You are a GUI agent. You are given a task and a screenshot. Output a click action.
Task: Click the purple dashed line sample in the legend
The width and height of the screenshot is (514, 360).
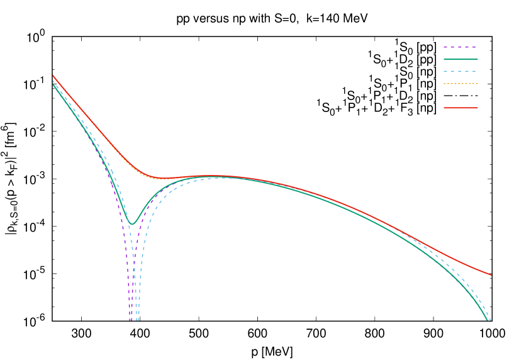[461, 47]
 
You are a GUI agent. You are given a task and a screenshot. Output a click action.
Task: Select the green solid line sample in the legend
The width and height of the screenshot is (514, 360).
[461, 59]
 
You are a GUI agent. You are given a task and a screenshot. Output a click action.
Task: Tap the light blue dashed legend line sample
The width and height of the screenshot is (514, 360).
[461, 71]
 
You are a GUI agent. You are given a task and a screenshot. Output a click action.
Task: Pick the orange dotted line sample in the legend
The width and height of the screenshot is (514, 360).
[461, 84]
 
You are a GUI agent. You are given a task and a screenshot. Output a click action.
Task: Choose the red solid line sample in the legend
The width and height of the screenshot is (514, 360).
[461, 108]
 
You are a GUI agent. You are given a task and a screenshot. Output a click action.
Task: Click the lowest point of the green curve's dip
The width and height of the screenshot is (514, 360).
[132, 223]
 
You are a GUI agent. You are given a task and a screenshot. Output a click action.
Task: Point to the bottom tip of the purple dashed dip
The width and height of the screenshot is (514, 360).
[131, 320]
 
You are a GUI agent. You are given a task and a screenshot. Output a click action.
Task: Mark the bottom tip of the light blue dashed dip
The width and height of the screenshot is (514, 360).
[138, 320]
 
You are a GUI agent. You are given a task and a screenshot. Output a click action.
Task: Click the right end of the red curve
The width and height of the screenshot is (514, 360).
[491, 275]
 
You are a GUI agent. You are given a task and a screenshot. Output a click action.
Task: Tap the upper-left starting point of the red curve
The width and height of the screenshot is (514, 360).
[53, 76]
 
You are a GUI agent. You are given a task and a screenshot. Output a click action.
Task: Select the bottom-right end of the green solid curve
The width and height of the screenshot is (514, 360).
[488, 320]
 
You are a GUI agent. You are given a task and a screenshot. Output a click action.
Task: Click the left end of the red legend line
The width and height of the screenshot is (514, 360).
[444, 108]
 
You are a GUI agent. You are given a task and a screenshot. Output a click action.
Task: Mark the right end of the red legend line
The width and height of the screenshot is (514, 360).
[478, 108]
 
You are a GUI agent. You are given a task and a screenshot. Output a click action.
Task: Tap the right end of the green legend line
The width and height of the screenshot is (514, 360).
[478, 59]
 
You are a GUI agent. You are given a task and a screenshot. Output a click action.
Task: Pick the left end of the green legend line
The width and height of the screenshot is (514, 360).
[444, 59]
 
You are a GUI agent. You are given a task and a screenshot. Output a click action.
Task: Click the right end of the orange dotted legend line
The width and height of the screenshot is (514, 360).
[478, 84]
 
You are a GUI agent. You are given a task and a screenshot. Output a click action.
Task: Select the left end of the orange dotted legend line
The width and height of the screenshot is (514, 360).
[444, 84]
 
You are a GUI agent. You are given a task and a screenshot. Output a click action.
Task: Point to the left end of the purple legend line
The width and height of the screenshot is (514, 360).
[444, 47]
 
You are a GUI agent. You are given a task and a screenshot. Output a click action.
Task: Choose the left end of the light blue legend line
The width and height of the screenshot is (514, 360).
[444, 71]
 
